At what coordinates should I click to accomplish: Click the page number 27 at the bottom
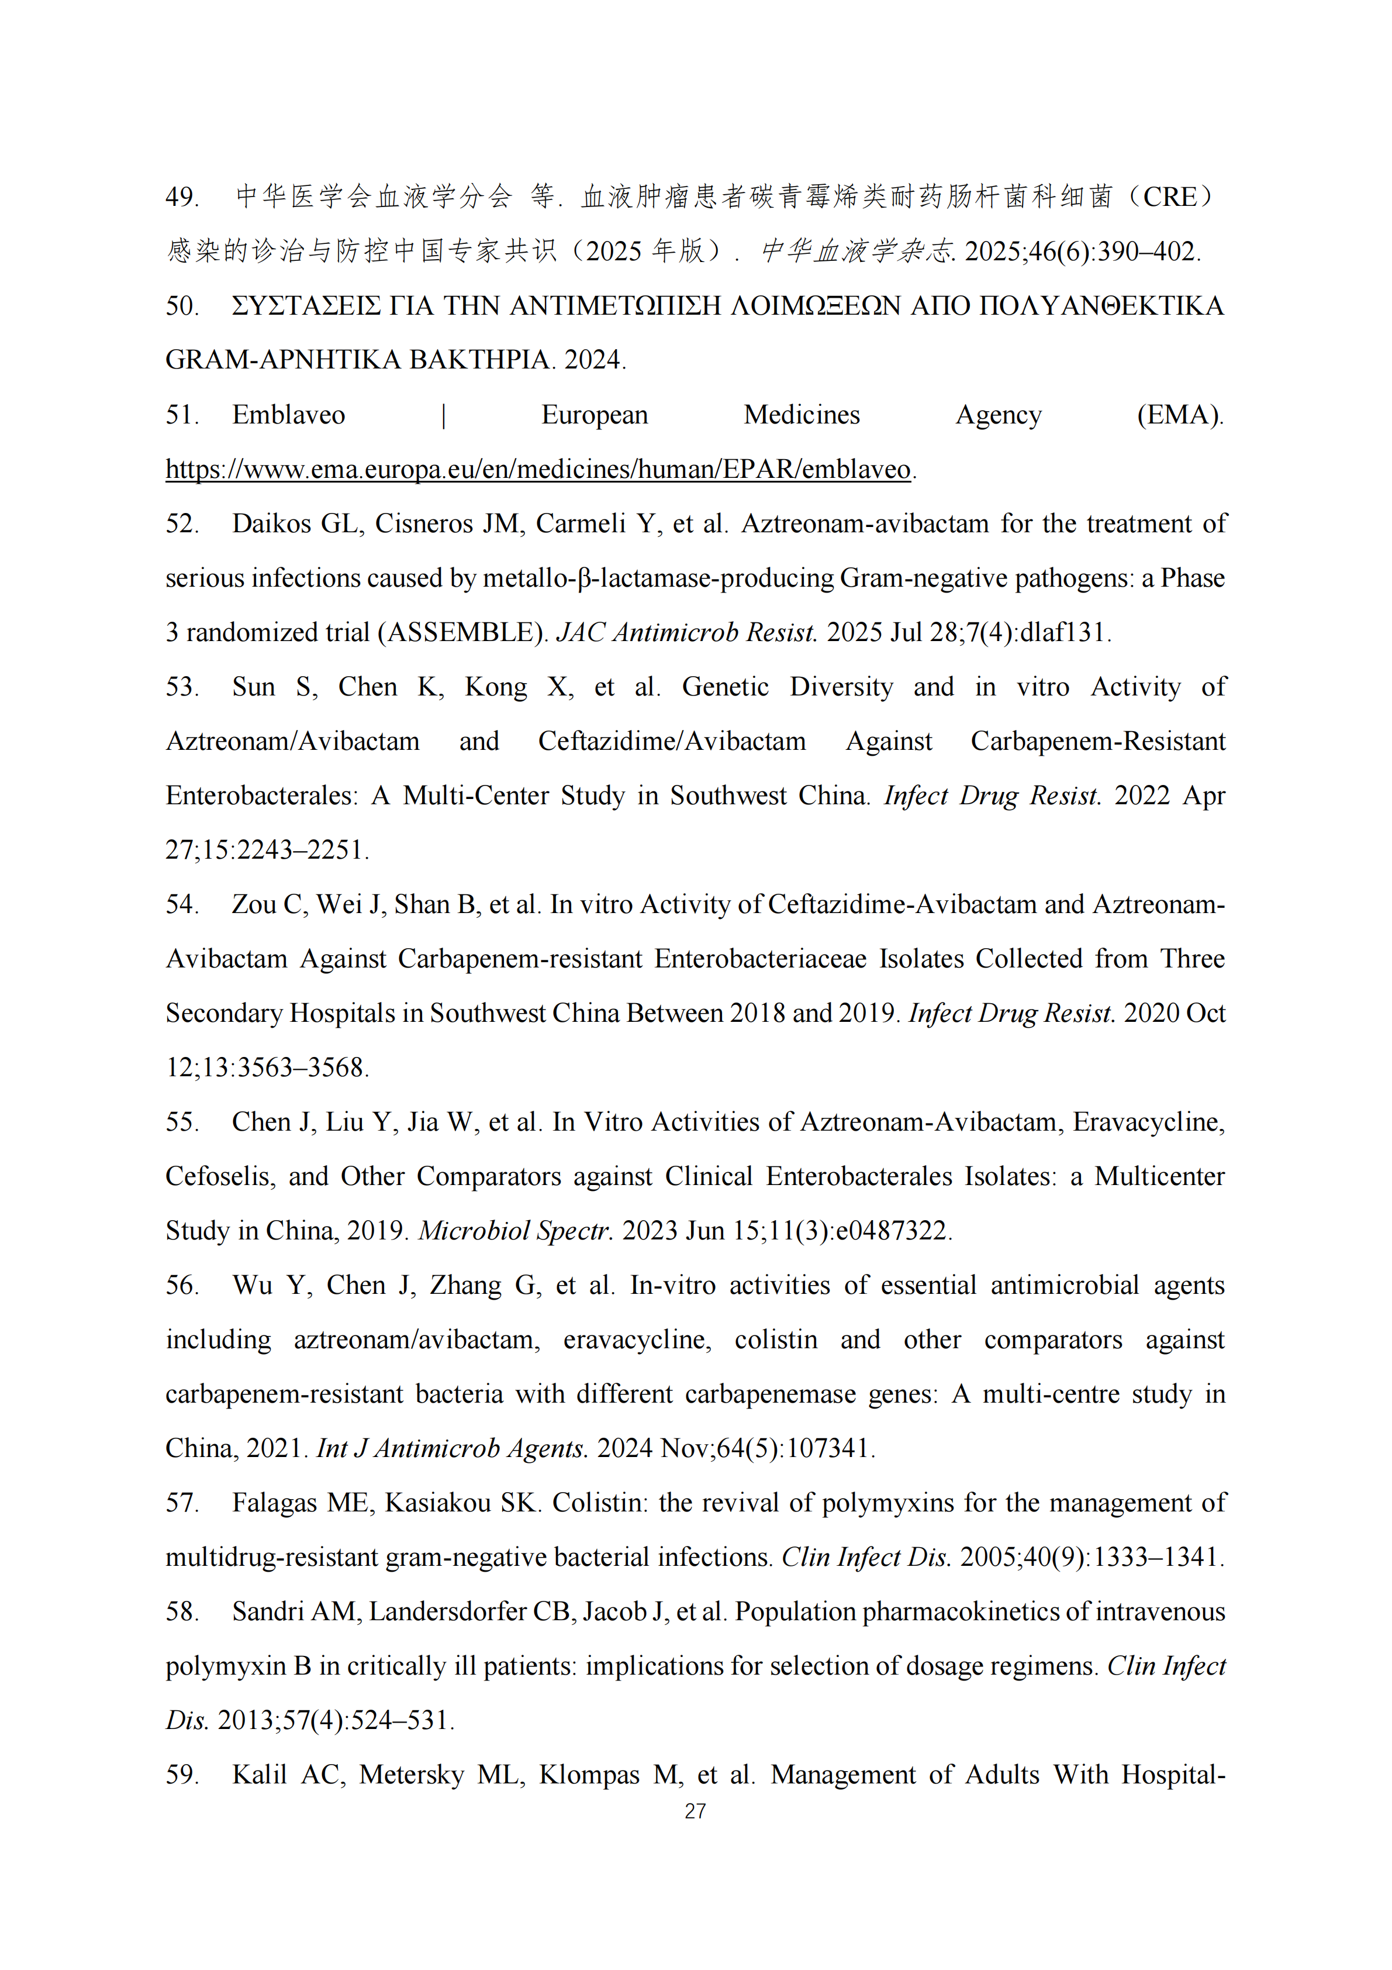point(695,1811)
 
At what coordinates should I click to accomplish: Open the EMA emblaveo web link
point(538,469)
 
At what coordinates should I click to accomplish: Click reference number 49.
point(181,197)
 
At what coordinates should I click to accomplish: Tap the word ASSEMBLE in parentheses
point(463,632)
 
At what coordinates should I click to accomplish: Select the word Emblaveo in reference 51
point(288,415)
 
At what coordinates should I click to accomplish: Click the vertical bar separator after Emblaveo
point(443,415)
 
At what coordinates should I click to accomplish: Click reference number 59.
point(181,1775)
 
